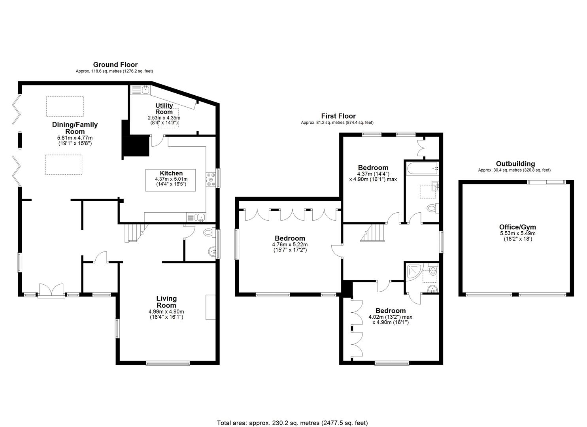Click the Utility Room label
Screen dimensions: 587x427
tap(164, 108)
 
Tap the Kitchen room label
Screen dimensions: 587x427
tap(171, 173)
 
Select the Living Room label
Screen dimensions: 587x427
tap(166, 302)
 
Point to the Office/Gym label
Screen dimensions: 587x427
tap(517, 227)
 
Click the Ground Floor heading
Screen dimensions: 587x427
tap(115, 64)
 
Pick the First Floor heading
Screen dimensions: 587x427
tap(338, 116)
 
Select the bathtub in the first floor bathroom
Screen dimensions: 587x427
tap(422, 168)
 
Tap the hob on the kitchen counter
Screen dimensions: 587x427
tap(210, 179)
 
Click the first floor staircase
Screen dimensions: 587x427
tap(373, 232)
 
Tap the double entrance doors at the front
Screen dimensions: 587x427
tap(51, 291)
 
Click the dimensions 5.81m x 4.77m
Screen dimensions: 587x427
tap(75, 138)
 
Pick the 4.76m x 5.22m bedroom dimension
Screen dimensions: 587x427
tap(290, 245)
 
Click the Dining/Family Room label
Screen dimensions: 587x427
tap(75, 128)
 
